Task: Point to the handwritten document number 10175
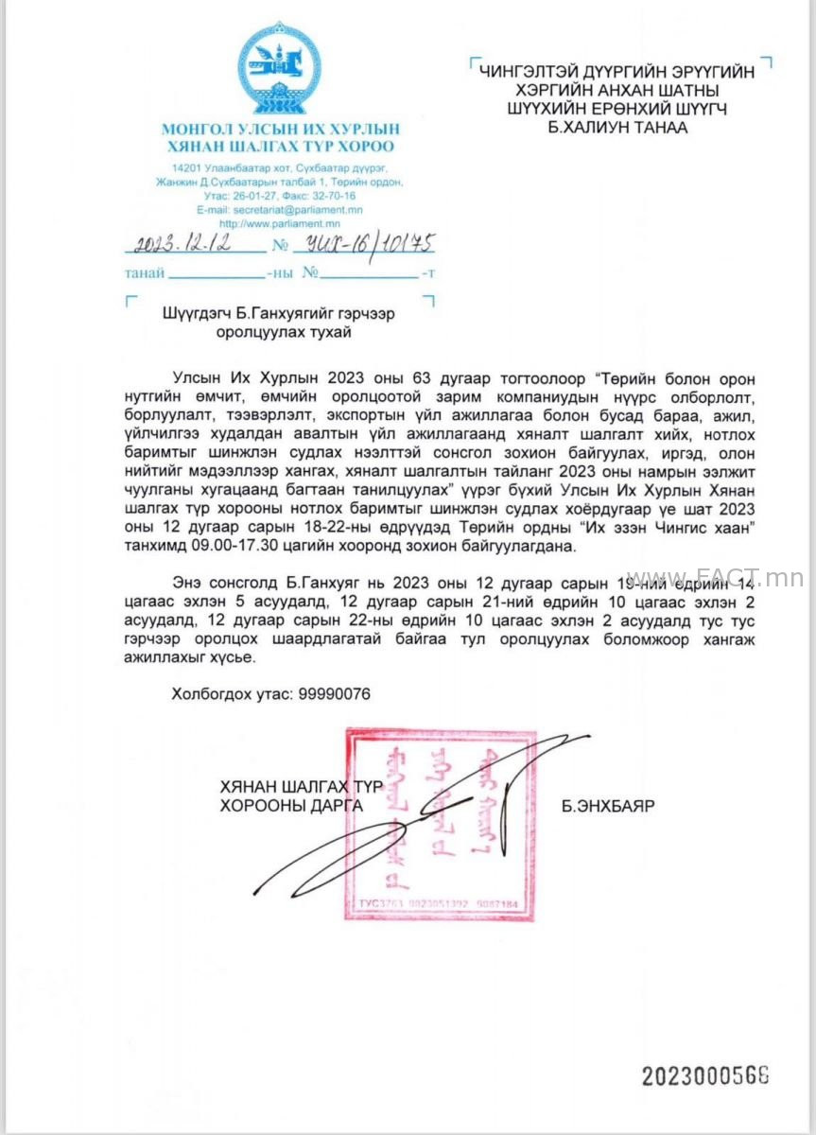coord(398,244)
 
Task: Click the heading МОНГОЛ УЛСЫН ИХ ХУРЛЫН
coord(280,130)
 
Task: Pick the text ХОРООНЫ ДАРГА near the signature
coord(290,806)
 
